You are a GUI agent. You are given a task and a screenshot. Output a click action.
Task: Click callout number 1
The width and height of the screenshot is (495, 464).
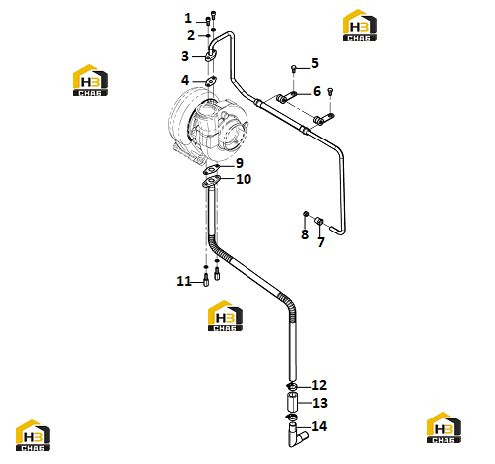(188, 18)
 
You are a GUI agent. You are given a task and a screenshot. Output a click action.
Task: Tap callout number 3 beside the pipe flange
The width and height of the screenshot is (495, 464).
(185, 56)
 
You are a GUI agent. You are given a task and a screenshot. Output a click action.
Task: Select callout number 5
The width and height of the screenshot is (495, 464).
(315, 63)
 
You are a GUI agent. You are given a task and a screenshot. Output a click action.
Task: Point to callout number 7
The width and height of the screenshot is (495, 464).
(321, 242)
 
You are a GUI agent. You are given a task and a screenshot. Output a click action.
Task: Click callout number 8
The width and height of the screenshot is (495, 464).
(305, 234)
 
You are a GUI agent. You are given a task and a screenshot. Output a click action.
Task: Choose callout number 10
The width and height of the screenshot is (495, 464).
(244, 179)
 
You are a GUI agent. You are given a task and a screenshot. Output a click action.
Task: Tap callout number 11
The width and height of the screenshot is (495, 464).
(184, 281)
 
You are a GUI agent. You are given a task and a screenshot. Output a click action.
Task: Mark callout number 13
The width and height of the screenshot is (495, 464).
(320, 403)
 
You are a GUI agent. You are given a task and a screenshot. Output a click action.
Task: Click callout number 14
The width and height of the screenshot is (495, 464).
(319, 426)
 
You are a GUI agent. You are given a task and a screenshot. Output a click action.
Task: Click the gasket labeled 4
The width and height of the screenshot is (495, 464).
(210, 80)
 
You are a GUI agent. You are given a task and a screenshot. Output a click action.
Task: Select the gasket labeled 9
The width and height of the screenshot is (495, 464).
(211, 170)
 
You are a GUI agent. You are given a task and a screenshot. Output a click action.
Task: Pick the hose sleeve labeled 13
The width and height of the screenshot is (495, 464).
(292, 402)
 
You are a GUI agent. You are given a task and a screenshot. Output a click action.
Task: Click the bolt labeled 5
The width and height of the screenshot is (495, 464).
(293, 68)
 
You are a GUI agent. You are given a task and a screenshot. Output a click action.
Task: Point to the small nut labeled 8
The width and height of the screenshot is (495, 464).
(306, 214)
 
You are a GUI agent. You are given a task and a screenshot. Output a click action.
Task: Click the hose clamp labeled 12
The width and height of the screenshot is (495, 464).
(292, 386)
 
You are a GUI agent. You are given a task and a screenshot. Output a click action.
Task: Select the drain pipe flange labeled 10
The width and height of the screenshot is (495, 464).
(211, 182)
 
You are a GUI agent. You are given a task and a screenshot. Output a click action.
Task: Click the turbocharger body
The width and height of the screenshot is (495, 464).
(208, 127)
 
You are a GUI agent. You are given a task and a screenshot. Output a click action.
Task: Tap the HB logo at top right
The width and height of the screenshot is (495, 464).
(359, 25)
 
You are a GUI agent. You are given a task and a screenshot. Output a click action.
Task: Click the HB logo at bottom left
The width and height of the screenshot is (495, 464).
(33, 435)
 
